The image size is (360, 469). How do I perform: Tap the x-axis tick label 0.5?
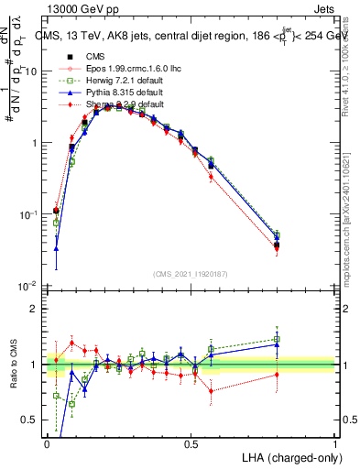point(191,443)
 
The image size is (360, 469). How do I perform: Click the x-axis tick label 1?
point(334,443)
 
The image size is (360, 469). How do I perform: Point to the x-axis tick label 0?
point(47,443)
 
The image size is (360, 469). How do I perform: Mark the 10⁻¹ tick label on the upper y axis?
point(27,214)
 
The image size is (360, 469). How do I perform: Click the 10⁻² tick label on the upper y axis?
point(27,286)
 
